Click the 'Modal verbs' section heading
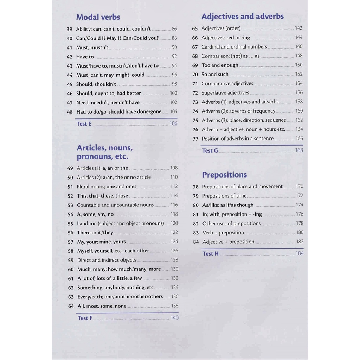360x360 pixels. [x=98, y=17]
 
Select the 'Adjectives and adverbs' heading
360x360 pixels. [x=243, y=16]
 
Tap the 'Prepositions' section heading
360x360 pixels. [x=225, y=175]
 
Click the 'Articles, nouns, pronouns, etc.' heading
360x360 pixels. [x=104, y=152]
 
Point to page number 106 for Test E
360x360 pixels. [x=173, y=123]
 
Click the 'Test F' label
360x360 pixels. [x=85, y=318]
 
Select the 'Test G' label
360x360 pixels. [x=210, y=150]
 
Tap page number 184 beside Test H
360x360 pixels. [x=299, y=253]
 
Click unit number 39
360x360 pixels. [x=69, y=29]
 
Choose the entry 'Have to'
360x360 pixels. [x=85, y=57]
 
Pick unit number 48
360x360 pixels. [x=70, y=112]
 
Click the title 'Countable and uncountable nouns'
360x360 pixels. [x=115, y=205]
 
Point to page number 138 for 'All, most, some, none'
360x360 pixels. [x=174, y=306]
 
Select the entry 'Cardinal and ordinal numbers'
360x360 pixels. [x=234, y=46]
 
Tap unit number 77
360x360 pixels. [x=195, y=139]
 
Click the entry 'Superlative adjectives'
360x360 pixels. [x=225, y=93]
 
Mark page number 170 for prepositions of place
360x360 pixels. [x=299, y=186]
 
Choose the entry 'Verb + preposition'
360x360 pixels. [x=223, y=232]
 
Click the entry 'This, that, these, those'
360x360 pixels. [x=102, y=196]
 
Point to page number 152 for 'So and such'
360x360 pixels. [x=298, y=74]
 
